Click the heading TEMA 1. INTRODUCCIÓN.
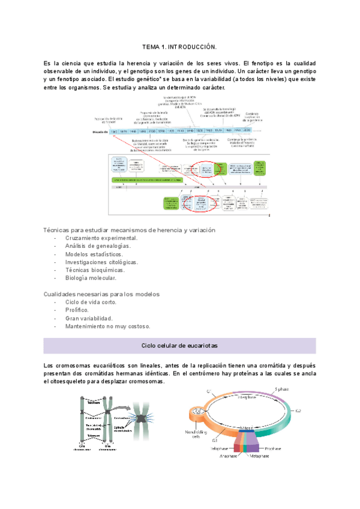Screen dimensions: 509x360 tap(179, 46)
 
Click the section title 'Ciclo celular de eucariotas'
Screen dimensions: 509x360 tap(179, 346)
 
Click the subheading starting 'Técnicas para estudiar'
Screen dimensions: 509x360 tap(130, 230)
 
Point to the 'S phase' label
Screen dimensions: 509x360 tap(284, 390)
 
